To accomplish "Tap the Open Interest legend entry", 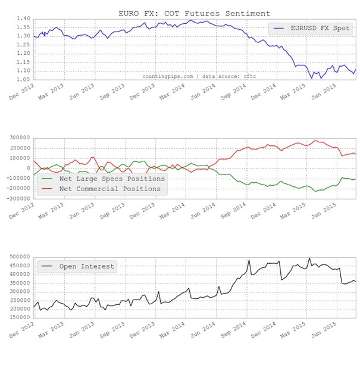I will tap(86, 266).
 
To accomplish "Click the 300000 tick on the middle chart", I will tap(19, 137).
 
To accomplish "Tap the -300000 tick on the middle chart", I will tap(18, 198).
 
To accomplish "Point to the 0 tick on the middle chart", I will tap(29, 168).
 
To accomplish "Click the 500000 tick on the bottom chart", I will tap(19, 257).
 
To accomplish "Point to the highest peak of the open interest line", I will tap(309, 258).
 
